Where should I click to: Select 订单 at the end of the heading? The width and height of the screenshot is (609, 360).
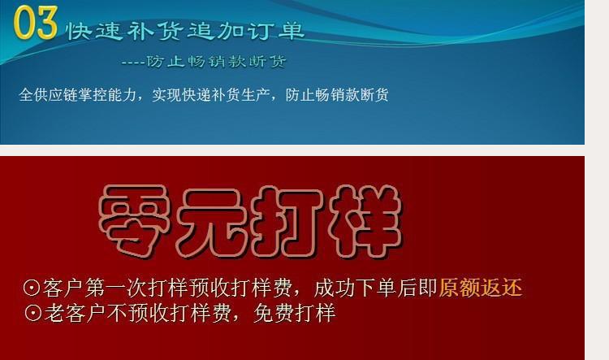pos(281,32)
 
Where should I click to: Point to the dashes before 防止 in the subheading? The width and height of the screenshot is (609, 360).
pos(132,63)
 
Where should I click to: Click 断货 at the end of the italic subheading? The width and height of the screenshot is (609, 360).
pos(271,62)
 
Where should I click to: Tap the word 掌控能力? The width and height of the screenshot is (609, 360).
pos(113,95)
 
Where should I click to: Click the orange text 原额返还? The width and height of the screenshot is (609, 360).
pos(480,288)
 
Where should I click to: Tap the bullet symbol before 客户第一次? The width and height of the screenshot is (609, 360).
pos(32,288)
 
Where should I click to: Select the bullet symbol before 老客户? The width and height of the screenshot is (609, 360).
pos(32,313)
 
